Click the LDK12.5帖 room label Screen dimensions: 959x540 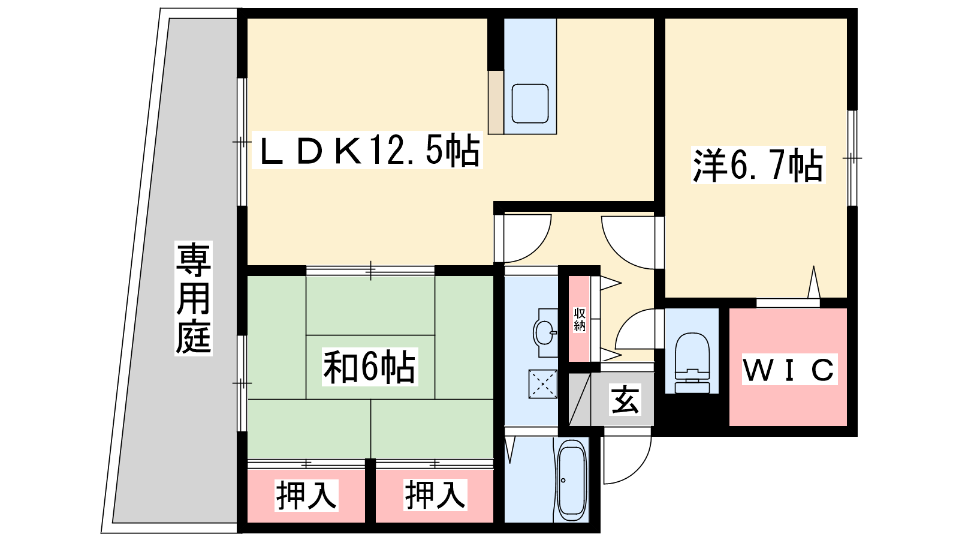tap(367, 150)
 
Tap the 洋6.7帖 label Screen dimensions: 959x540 tap(758, 165)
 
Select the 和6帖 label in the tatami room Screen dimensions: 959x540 tap(369, 367)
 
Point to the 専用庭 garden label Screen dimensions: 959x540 tap(194, 298)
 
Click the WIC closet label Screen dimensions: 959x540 tap(789, 370)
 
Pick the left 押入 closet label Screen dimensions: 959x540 tap(306, 496)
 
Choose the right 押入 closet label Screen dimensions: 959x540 tap(435, 496)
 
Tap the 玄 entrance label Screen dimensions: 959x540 tap(626, 400)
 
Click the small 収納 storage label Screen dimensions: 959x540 tap(579, 319)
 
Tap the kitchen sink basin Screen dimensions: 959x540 tap(530, 104)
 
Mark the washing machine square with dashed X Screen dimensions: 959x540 tap(543, 384)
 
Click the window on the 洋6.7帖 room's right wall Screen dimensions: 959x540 tap(852, 158)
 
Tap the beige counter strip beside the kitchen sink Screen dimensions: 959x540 tap(496, 102)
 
